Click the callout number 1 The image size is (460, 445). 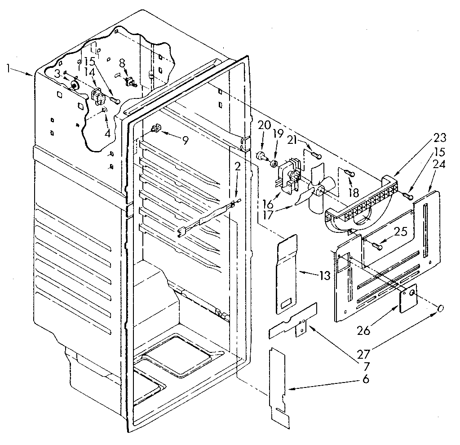(8, 68)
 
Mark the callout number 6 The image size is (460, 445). (366, 379)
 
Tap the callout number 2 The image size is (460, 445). (238, 167)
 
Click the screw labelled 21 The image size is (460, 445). (317, 156)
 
